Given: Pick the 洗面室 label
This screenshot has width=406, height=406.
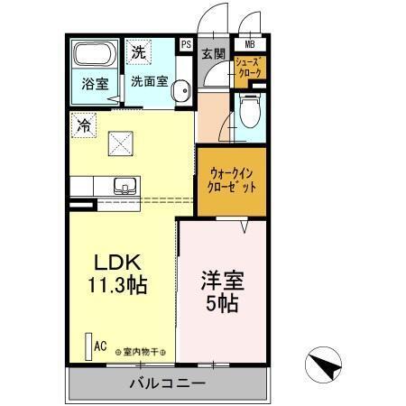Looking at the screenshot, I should (149, 80).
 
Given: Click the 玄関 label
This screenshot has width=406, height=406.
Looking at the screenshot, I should (213, 54).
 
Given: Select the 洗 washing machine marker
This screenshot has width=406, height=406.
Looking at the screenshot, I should (138, 51).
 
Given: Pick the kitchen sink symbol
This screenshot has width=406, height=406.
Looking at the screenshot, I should (125, 187).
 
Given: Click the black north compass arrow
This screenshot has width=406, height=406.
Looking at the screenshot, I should (325, 364).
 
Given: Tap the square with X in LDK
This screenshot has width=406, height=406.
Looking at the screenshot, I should (120, 143).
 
